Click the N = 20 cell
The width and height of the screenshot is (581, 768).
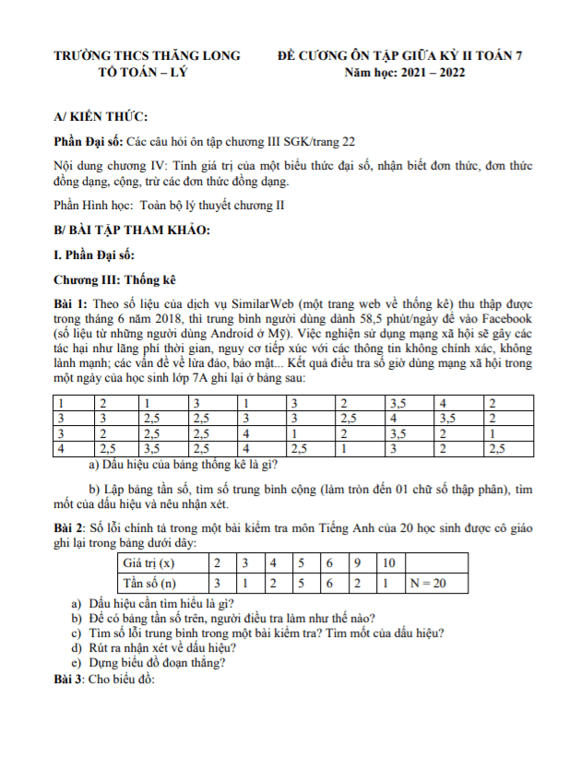430,583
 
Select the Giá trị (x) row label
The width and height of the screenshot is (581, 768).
148,562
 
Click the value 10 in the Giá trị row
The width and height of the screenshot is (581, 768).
388,562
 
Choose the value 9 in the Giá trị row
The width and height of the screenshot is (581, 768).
356,562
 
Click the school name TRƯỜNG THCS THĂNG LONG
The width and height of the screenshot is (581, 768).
148,56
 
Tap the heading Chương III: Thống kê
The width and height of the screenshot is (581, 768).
114,278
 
